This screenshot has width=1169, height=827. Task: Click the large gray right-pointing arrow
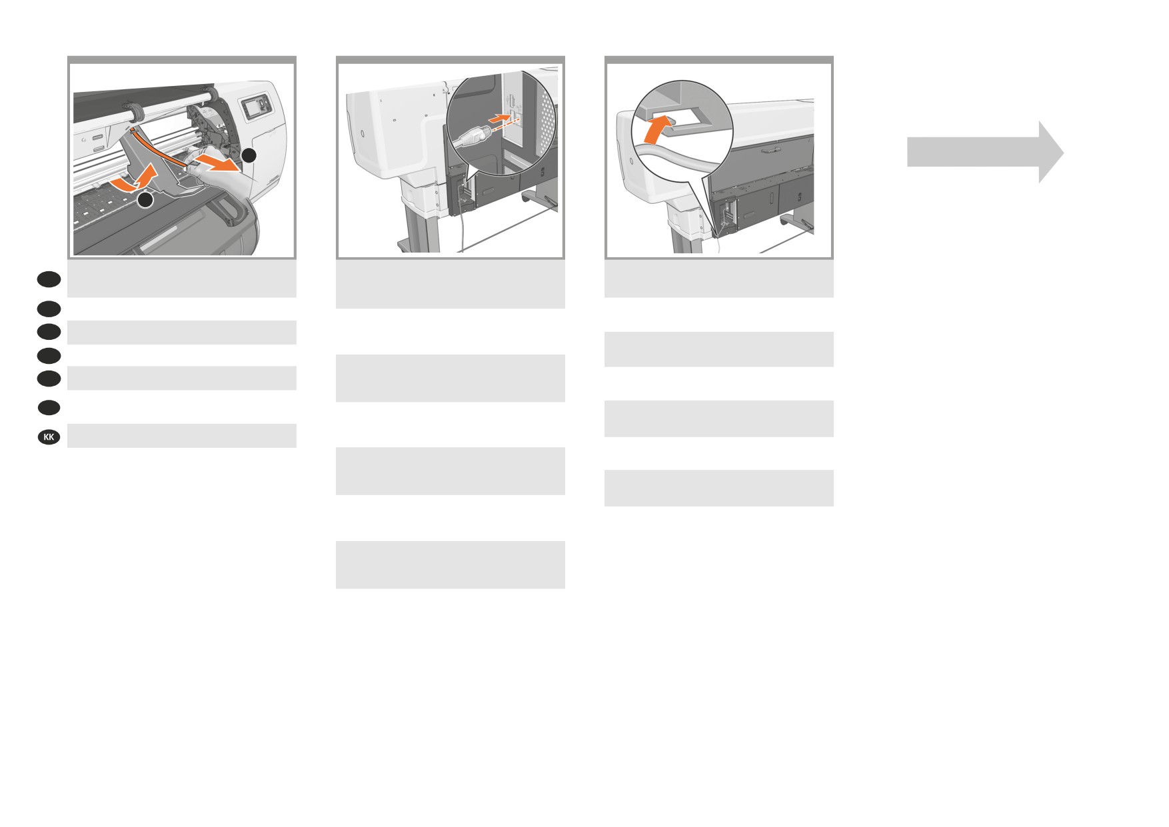point(985,152)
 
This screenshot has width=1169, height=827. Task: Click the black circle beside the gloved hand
point(248,155)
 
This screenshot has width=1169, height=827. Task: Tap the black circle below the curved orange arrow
point(146,199)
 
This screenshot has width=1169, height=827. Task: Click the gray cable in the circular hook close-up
point(673,163)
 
